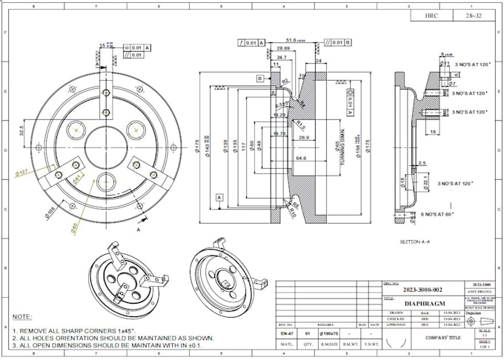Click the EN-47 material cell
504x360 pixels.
pos(287,335)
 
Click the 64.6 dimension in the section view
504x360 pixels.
pos(301,158)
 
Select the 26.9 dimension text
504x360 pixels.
pos(304,138)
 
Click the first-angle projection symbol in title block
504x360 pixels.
pos(482,319)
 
